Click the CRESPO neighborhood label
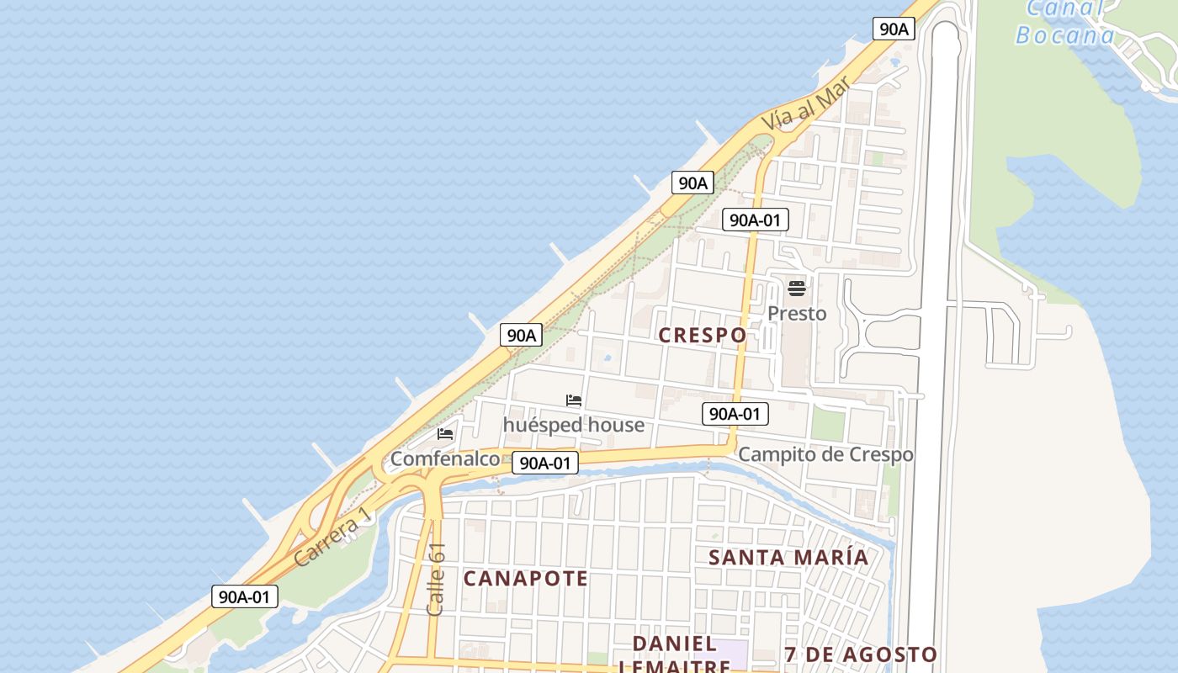coord(702,335)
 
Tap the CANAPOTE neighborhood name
coord(525,579)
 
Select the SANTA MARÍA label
coord(788,557)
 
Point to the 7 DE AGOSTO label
coord(860,654)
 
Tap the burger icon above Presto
coord(797,289)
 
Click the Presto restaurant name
coord(797,314)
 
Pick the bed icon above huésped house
coord(574,400)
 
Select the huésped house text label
coord(574,425)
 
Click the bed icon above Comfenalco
coord(445,434)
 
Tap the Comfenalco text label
coord(445,459)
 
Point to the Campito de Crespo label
coord(825,455)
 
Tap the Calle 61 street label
coord(436,579)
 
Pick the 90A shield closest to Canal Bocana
coord(894,29)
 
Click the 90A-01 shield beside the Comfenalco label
coord(545,463)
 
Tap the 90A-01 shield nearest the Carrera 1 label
coord(244,596)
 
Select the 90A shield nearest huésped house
coord(521,335)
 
